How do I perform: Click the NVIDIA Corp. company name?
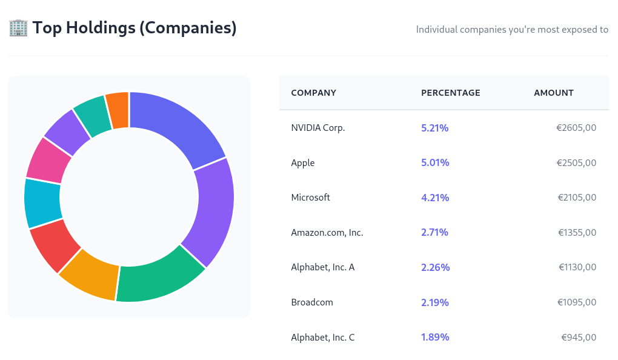[x=317, y=128]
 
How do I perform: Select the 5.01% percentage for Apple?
[x=434, y=163]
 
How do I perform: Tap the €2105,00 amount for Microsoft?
[x=576, y=198]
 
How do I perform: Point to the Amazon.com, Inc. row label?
[x=327, y=233]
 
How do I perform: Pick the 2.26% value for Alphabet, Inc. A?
[x=435, y=267]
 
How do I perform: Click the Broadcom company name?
[x=312, y=302]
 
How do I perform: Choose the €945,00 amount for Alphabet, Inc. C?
[x=579, y=338]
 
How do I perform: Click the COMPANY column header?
[x=313, y=93]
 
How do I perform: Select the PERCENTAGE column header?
[x=450, y=93]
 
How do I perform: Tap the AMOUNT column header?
[x=553, y=93]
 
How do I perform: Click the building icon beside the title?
[x=18, y=28]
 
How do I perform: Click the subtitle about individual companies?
[x=512, y=29]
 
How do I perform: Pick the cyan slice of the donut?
[x=42, y=204]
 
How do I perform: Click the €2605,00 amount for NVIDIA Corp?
[x=576, y=128]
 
